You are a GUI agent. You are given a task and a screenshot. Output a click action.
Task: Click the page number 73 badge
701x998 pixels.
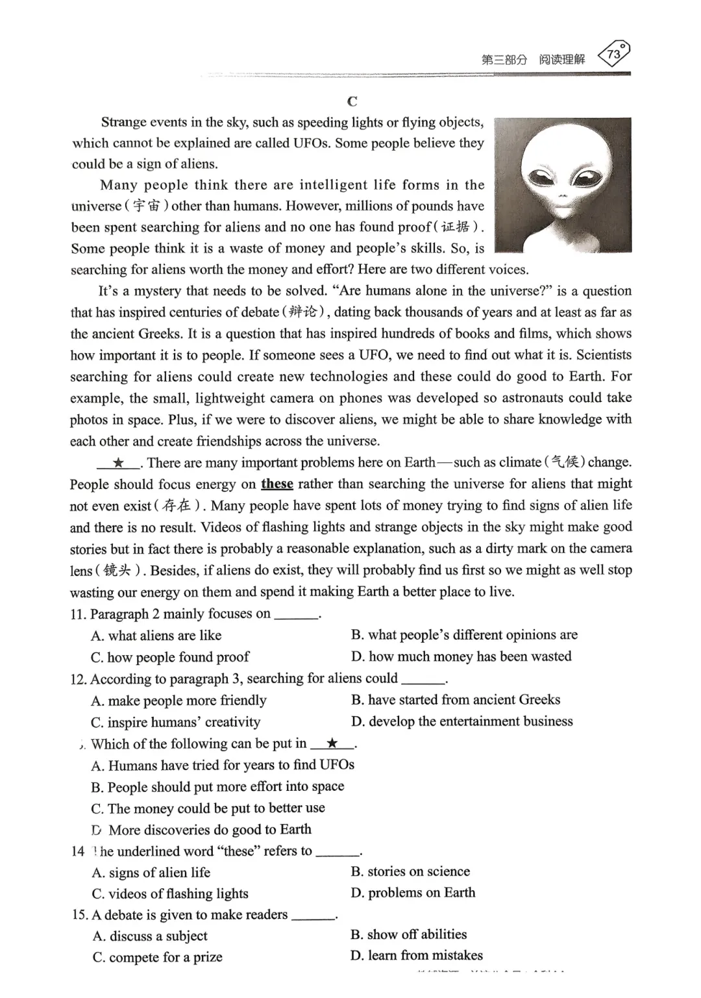[x=613, y=55]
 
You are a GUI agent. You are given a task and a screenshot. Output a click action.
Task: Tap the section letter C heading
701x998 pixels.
[x=352, y=101]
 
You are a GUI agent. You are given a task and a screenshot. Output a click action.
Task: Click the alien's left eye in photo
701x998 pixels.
[x=542, y=177]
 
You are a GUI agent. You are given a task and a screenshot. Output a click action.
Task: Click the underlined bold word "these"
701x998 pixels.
[x=277, y=484]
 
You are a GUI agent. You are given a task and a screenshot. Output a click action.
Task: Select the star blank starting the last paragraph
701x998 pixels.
[x=118, y=462]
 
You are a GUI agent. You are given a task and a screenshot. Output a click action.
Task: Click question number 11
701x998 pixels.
[x=78, y=614]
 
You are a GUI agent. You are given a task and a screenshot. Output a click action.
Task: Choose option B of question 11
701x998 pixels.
[x=463, y=634]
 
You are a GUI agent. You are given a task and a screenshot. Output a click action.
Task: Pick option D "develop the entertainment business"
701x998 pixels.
[x=461, y=721]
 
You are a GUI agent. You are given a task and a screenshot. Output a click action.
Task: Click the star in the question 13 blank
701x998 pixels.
[x=332, y=743]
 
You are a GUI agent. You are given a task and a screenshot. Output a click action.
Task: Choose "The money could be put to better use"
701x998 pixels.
[x=208, y=808]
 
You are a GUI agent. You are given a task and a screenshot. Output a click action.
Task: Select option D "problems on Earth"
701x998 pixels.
[x=413, y=893]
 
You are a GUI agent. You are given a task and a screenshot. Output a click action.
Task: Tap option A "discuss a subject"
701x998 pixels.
[x=150, y=936]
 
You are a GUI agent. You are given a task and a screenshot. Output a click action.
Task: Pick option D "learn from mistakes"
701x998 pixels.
[x=416, y=955]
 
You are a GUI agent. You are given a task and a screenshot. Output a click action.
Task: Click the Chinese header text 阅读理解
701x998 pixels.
[x=562, y=60]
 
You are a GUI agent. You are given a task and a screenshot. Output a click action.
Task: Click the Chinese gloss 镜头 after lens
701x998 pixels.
[x=117, y=570]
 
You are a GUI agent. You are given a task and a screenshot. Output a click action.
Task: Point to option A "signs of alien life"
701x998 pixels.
[x=151, y=872]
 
